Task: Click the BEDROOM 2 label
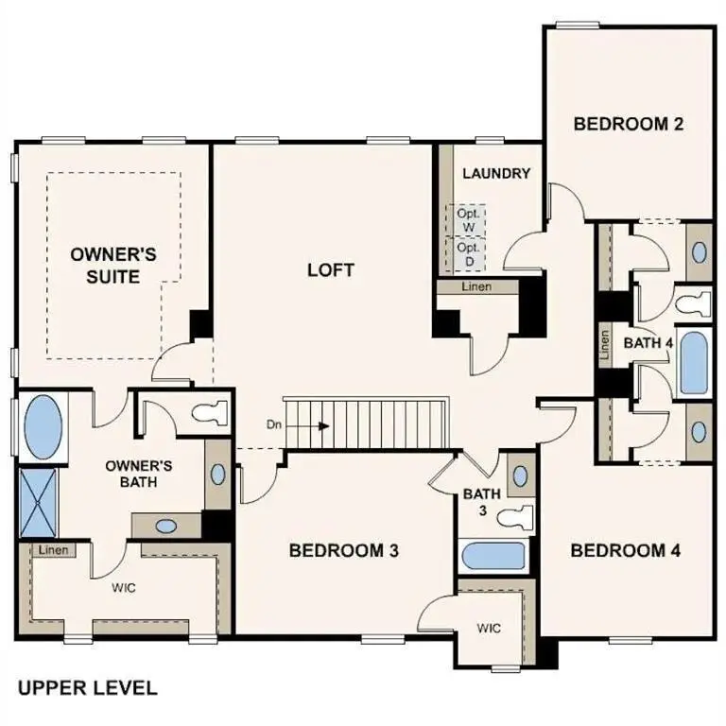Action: tap(628, 123)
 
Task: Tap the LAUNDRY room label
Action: tap(495, 174)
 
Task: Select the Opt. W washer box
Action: tap(468, 220)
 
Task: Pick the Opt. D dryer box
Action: tap(468, 252)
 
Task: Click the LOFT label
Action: tap(331, 270)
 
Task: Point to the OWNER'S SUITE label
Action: tap(113, 265)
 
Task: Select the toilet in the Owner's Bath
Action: tap(209, 412)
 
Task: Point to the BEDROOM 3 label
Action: tap(343, 550)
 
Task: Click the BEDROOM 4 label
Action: tap(625, 550)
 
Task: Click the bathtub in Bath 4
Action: tap(693, 363)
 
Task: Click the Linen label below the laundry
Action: tap(476, 286)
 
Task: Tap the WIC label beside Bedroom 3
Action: tap(489, 627)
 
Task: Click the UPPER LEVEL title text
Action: tap(86, 687)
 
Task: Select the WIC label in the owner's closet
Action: tap(124, 588)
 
